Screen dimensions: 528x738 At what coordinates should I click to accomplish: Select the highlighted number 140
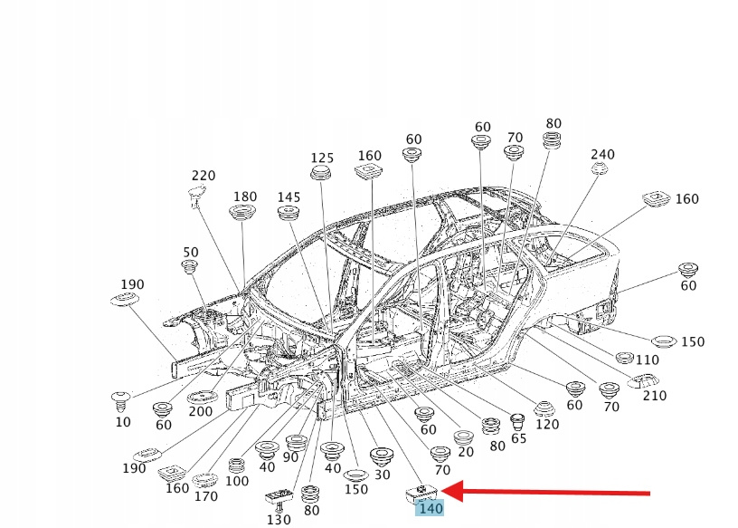(x=430, y=509)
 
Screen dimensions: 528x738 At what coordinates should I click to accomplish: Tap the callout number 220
(x=203, y=176)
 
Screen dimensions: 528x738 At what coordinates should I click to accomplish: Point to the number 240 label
(x=602, y=154)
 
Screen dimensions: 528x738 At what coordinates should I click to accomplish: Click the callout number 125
(x=322, y=158)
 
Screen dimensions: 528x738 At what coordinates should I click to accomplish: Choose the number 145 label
(x=289, y=197)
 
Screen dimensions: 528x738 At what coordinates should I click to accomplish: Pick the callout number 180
(x=245, y=197)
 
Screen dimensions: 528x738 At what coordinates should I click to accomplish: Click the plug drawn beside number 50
(x=190, y=266)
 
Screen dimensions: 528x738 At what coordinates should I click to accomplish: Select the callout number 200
(x=200, y=411)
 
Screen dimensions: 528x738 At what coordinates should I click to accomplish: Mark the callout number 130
(x=279, y=519)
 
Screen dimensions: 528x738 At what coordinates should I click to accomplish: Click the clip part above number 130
(x=279, y=496)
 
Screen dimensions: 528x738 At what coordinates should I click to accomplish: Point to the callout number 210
(x=654, y=396)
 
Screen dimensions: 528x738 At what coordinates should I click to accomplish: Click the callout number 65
(x=518, y=438)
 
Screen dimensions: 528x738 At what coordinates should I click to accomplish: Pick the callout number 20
(x=466, y=452)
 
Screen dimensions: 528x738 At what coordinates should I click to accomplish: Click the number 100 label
(x=237, y=481)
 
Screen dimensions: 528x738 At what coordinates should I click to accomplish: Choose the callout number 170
(x=206, y=495)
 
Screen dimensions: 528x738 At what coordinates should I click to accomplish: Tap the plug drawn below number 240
(x=599, y=170)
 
